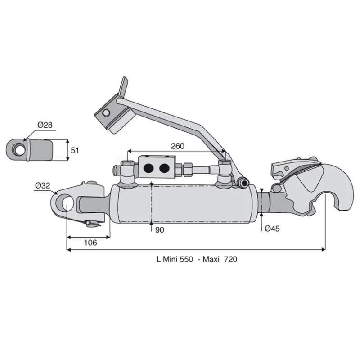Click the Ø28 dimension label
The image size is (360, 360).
coord(45,125)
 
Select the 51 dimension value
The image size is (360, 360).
coord(75,150)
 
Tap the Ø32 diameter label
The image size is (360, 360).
coord(42,185)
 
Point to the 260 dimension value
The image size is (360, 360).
coord(177,146)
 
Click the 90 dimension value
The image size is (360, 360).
coord(160,230)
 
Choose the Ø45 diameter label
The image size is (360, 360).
coord(272,229)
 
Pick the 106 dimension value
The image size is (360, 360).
coord(90,243)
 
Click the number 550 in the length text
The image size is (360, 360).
coord(186,259)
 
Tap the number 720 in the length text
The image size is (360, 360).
coord(230,259)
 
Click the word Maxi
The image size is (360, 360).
coord(211,259)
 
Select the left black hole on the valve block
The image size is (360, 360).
coord(148,168)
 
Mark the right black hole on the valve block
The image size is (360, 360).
coord(164,168)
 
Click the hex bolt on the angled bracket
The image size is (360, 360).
coord(106,113)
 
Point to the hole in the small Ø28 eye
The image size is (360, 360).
coord(19,149)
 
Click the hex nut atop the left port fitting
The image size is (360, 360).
coord(127,163)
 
